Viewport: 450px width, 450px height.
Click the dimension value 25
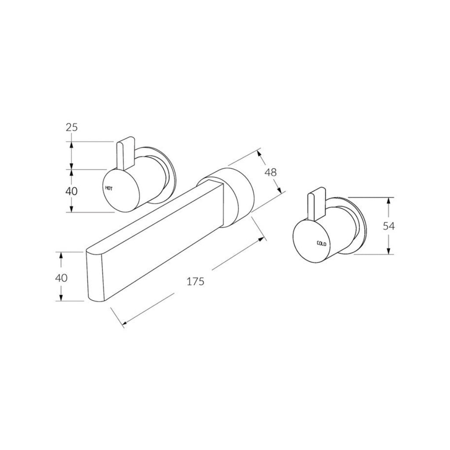72,127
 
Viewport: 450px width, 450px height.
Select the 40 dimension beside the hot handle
72,191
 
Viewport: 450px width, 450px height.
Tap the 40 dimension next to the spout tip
61,278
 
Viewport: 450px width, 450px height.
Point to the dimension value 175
195,281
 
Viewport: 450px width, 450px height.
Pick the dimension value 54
388,226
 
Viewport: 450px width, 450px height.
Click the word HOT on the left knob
109,188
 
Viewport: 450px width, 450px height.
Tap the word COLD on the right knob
321,243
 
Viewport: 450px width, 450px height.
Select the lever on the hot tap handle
126,153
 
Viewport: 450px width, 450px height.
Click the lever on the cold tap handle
316,205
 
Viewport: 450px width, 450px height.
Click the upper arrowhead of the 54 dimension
388,200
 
